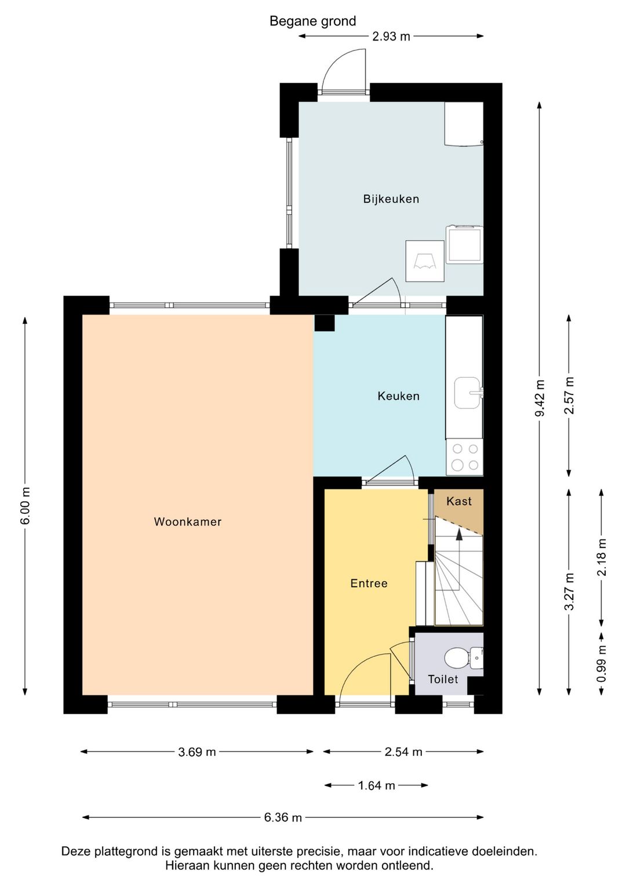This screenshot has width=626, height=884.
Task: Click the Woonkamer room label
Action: [188, 522]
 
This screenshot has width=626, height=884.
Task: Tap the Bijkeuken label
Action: [391, 199]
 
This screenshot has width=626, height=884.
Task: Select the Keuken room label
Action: [399, 396]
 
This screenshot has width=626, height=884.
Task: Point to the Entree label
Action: [369, 583]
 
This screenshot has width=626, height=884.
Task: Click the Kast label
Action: [459, 501]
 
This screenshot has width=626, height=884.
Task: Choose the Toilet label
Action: [443, 679]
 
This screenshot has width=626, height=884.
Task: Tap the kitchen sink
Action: [468, 393]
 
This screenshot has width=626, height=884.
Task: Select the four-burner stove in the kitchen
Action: [465, 458]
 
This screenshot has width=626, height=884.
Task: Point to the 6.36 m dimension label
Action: [283, 817]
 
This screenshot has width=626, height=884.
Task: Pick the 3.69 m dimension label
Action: [196, 752]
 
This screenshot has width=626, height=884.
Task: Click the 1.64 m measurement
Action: [376, 786]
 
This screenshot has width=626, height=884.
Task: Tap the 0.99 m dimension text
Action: [602, 665]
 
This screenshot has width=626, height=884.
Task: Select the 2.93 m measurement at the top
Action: [391, 36]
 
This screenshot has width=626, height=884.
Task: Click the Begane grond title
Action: [313, 21]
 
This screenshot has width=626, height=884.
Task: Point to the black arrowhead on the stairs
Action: [459, 534]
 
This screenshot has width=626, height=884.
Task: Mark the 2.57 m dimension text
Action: [569, 396]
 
